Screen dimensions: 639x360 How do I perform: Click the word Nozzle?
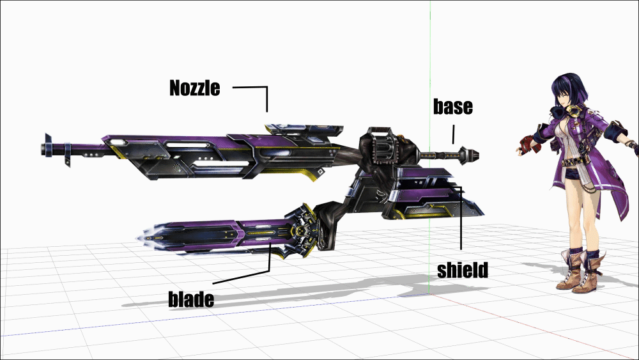tap(195, 88)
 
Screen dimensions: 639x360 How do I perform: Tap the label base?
tap(453, 106)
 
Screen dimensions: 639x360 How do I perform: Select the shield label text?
tap(463, 270)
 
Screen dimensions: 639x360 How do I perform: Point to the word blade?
tap(191, 299)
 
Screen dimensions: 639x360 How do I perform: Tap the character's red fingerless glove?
tap(527, 143)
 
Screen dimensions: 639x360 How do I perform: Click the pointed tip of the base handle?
tap(477, 155)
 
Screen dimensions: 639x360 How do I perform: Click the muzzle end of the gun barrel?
tap(43, 149)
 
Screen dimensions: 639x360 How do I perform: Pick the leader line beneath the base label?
tap(453, 134)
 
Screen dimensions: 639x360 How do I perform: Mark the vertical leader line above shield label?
tap(461, 218)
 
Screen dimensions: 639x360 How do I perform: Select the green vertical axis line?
tap(429, 147)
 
